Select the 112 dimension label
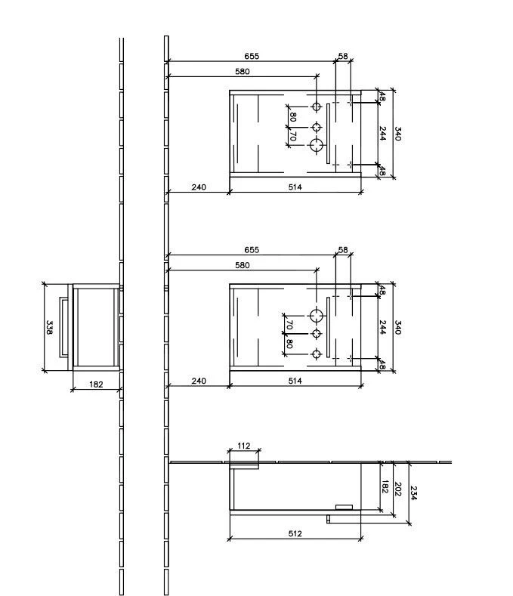point(243,446)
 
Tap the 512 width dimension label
point(295,534)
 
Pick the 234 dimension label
point(413,493)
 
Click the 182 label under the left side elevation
point(96,384)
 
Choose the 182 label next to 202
point(384,488)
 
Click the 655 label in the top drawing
point(252,57)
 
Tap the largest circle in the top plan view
point(317,144)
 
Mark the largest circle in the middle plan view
point(317,314)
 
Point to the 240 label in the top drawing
point(198,187)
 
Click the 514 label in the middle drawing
point(295,381)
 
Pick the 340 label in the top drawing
point(397,134)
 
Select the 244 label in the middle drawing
point(383,327)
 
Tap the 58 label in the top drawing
point(343,57)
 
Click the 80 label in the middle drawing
point(289,344)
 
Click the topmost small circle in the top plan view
point(317,106)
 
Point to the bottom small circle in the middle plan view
point(317,354)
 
